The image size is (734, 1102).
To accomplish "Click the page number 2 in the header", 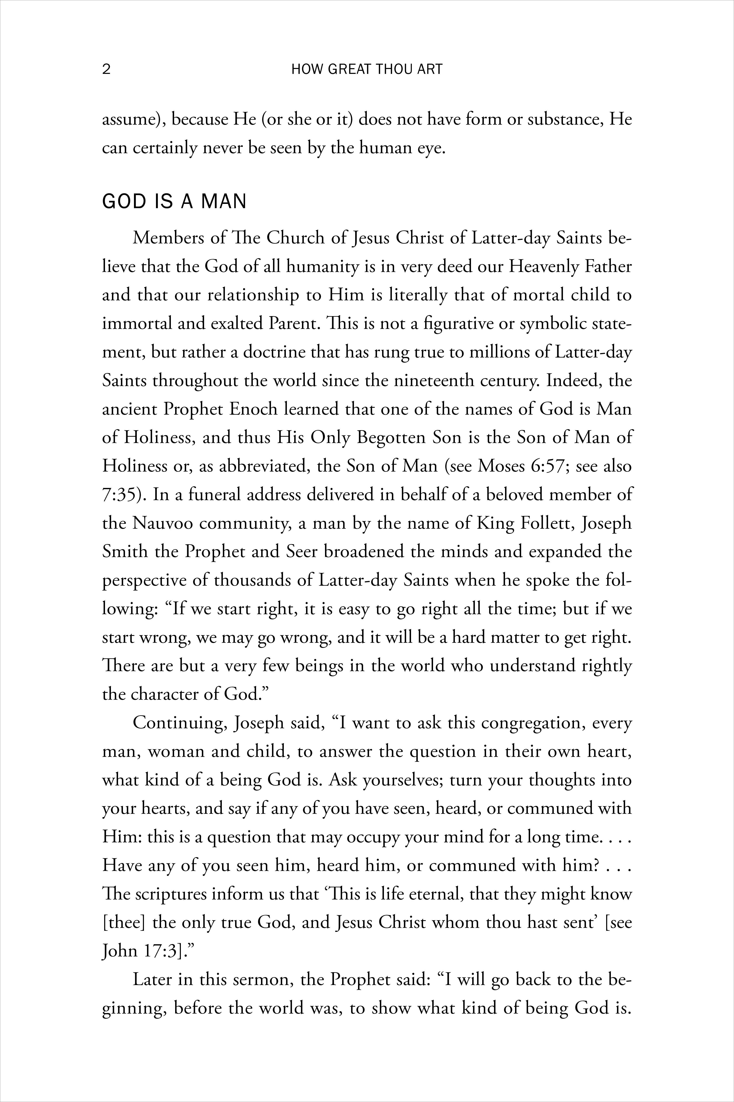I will click(106, 69).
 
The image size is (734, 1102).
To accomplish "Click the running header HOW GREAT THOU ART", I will click(367, 69).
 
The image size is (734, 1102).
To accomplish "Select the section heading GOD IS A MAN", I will click(174, 201).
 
